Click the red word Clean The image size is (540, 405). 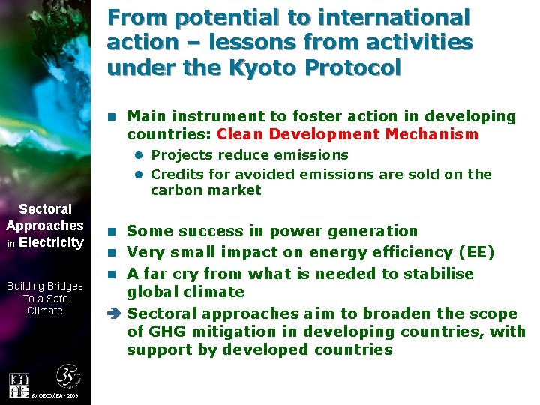[239, 134]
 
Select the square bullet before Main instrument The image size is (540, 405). [112, 116]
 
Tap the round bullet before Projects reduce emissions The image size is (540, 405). [139, 155]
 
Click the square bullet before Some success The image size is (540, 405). [112, 231]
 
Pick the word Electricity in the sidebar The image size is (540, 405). [51, 242]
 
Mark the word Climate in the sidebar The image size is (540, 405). [45, 310]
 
